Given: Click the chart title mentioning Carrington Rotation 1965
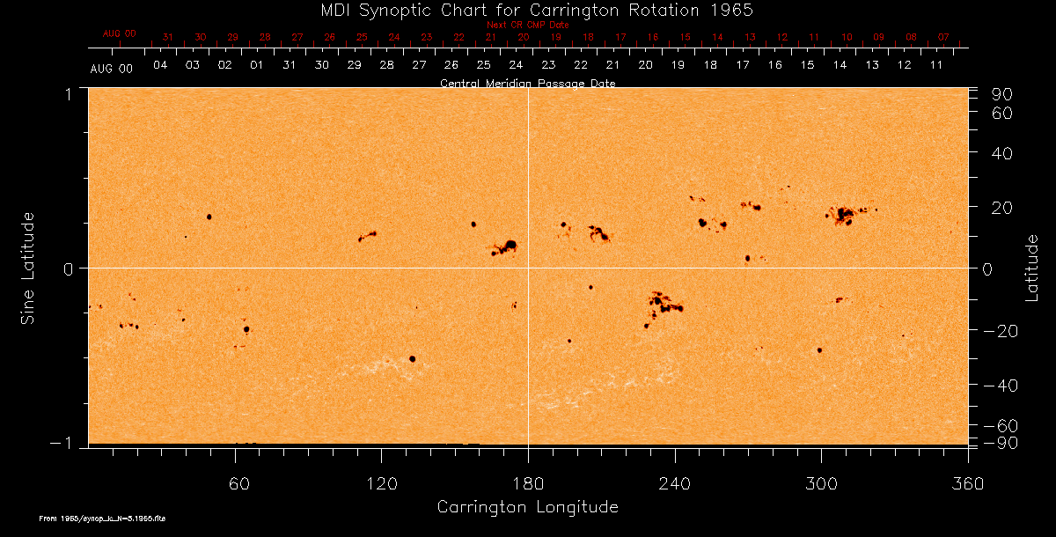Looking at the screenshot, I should click(528, 10).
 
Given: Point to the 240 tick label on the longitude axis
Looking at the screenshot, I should click(675, 483).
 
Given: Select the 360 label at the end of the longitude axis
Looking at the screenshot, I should click(968, 483).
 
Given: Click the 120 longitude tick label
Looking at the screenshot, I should click(382, 483).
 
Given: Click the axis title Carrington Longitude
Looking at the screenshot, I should click(527, 507).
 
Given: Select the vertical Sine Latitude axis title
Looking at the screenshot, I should click(28, 268).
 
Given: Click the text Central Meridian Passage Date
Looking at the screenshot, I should click(527, 83).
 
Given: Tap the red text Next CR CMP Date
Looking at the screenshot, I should click(527, 25).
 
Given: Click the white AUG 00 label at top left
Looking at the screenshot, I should click(112, 68).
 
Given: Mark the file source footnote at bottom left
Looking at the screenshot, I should click(103, 519).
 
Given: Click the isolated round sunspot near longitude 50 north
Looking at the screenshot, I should click(209, 217).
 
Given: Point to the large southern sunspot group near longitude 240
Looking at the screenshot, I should click(664, 305).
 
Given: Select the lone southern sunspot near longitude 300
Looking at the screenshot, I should click(819, 350).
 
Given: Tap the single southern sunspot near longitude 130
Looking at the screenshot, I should click(412, 359).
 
